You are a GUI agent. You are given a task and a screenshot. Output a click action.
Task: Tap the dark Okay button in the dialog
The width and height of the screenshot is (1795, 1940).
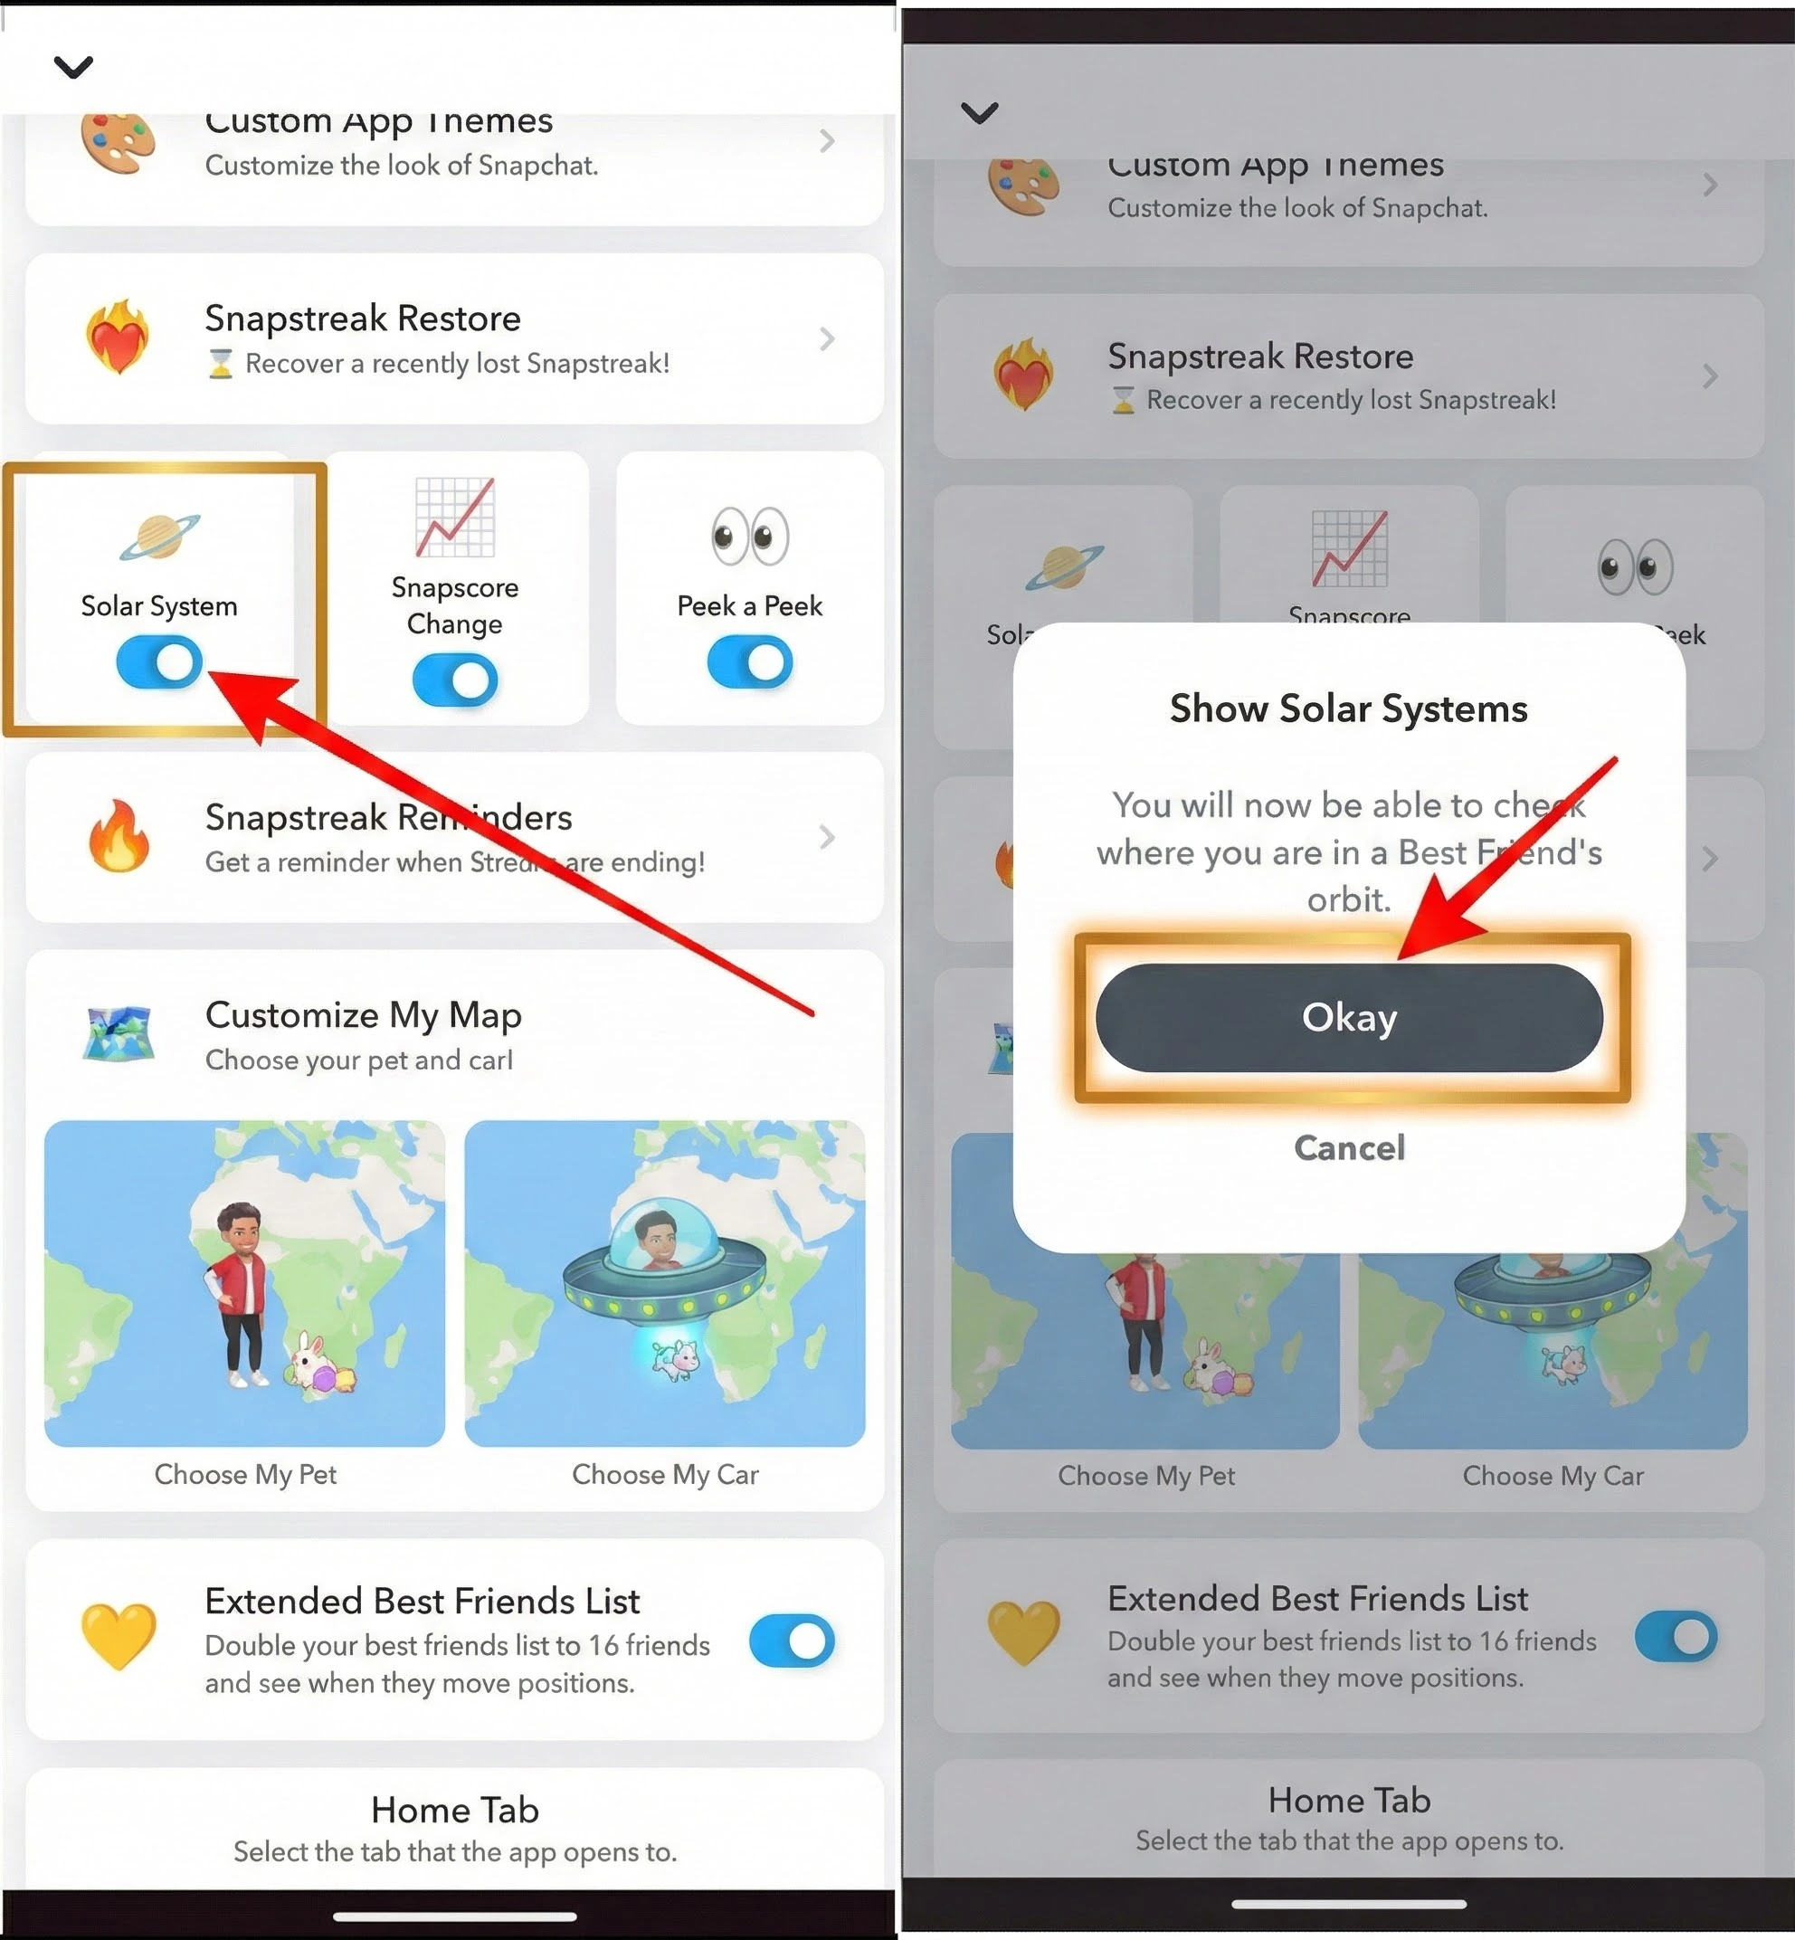pyautogui.click(x=1348, y=1017)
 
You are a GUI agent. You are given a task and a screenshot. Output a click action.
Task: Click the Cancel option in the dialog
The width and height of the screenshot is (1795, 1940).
pyautogui.click(x=1348, y=1147)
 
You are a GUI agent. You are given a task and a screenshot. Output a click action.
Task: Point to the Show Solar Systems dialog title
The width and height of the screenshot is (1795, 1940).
pyautogui.click(x=1348, y=708)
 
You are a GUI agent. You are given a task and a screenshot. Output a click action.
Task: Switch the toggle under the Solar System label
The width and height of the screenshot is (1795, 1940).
pyautogui.click(x=159, y=662)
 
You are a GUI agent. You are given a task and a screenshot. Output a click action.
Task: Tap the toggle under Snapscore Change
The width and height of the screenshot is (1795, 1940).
pyautogui.click(x=454, y=680)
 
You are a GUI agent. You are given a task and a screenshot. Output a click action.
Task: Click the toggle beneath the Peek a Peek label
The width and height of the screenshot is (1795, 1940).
pyautogui.click(x=750, y=662)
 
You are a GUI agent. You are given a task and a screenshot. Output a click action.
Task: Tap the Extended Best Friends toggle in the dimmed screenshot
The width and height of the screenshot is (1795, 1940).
pyautogui.click(x=1676, y=1637)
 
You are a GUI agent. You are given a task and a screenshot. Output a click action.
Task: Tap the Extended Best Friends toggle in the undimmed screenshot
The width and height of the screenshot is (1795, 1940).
pyautogui.click(x=792, y=1640)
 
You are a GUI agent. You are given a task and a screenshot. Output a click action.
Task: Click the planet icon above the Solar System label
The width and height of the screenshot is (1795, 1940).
pyautogui.click(x=159, y=537)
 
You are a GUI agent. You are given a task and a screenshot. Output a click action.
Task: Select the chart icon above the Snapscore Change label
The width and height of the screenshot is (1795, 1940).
pyautogui.click(x=454, y=517)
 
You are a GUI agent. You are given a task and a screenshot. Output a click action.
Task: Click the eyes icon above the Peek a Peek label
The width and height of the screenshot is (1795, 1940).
pyautogui.click(x=750, y=537)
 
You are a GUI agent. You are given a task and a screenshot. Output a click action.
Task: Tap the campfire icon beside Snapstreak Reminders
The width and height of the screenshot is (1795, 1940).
pyautogui.click(x=119, y=836)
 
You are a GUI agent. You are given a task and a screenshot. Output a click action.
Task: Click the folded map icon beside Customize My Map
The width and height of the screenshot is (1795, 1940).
pyautogui.click(x=119, y=1033)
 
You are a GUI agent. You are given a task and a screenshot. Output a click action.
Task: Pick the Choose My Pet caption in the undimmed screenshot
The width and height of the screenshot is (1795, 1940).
pyautogui.click(x=245, y=1475)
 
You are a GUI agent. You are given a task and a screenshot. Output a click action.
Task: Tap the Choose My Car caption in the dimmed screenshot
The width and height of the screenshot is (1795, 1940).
pyautogui.click(x=1553, y=1476)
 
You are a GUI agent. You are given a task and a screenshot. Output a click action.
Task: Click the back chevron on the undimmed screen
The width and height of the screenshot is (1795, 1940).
pyautogui.click(x=74, y=67)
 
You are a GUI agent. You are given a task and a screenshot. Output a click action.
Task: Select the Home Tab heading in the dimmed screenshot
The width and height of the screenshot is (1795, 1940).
pyautogui.click(x=1348, y=1800)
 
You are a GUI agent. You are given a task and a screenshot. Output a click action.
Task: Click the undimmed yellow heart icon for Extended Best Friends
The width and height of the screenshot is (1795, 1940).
pyautogui.click(x=119, y=1637)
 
